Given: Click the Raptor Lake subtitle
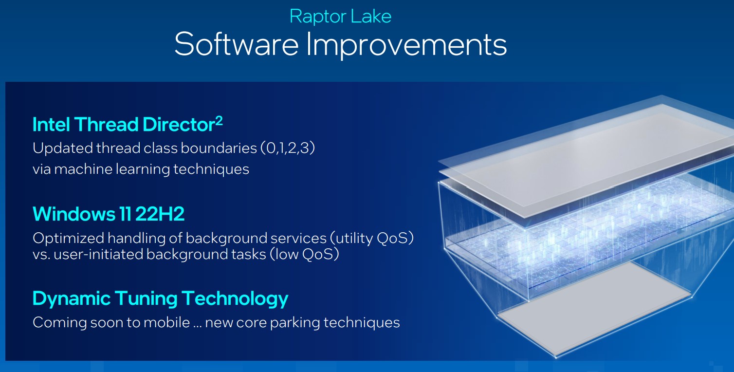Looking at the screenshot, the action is click(340, 17).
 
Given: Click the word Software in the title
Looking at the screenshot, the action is click(236, 44).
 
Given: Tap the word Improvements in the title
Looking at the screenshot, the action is click(406, 46).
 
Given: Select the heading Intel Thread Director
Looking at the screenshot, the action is click(124, 125).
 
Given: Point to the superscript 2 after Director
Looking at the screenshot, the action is click(219, 121).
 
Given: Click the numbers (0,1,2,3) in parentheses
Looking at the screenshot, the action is click(288, 148).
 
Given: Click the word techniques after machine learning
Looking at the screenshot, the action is click(211, 169).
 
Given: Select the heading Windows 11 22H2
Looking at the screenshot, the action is click(109, 214).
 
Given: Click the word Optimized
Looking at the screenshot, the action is click(69, 238).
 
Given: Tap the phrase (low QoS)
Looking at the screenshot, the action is click(304, 254).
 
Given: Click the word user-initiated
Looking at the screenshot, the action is click(98, 254).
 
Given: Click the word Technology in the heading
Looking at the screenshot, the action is click(235, 299).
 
